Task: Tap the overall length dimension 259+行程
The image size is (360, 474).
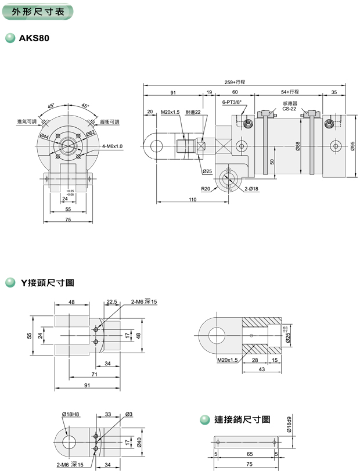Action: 235,82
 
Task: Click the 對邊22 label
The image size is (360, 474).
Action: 193,112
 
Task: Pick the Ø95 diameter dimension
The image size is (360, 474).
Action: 352,146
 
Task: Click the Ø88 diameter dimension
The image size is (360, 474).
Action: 297,146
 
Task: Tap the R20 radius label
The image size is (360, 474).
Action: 206,189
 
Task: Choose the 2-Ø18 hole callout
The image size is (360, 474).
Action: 251,189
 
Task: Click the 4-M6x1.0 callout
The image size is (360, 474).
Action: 112,146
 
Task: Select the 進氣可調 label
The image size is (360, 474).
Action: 27,122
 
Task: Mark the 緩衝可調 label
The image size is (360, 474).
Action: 109,122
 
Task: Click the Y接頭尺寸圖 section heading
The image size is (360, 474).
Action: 47,283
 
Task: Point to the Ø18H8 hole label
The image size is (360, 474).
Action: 71,414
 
